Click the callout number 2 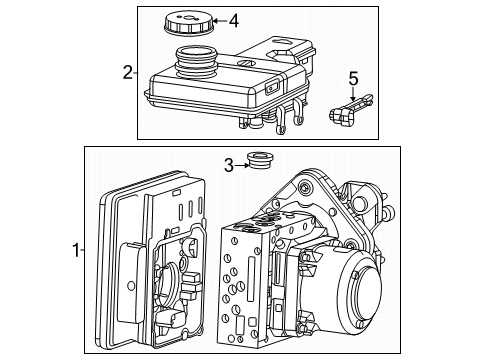coord(127,71)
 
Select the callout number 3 coord(228,166)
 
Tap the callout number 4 coord(233,20)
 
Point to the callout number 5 coord(352,77)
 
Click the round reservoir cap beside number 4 coord(186,22)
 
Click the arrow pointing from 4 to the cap coord(214,20)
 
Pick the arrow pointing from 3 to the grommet coord(246,165)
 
